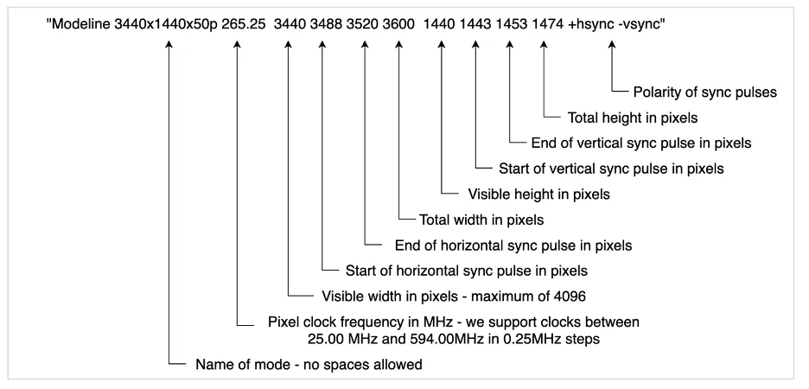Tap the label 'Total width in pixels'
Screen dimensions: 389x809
click(481, 220)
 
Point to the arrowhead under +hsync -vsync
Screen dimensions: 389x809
click(613, 50)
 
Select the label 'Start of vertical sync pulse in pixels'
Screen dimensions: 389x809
click(611, 169)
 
